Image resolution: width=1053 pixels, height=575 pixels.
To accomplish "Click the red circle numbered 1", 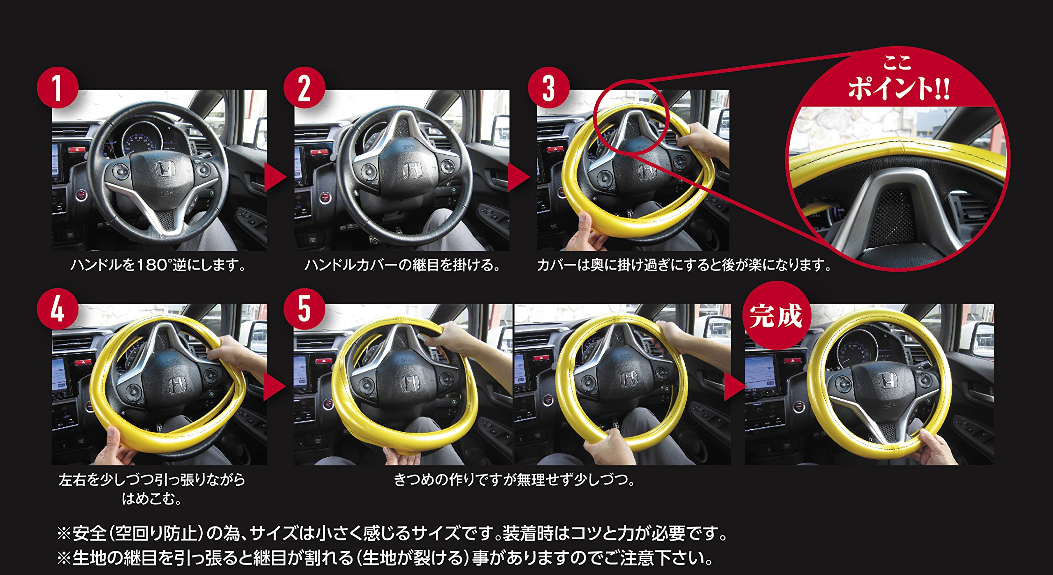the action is pyautogui.click(x=58, y=87).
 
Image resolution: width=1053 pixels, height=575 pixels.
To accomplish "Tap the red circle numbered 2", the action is pyautogui.click(x=304, y=87).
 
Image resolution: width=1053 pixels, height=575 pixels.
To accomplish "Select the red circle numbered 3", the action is pyautogui.click(x=549, y=87).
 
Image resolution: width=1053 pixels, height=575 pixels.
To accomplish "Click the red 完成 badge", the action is pyautogui.click(x=776, y=315).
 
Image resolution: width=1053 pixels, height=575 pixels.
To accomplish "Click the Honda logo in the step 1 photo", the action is pyautogui.click(x=166, y=168).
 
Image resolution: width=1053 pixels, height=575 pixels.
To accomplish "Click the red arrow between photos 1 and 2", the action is pyautogui.click(x=275, y=177).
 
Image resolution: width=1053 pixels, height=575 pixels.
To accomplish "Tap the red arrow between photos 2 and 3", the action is pyautogui.click(x=518, y=177).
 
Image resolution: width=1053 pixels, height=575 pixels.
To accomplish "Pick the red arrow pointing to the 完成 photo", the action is pyautogui.click(x=735, y=387).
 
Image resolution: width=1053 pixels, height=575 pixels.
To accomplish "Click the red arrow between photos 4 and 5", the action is pyautogui.click(x=274, y=387).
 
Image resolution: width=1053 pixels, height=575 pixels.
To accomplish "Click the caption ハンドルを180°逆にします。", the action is pyautogui.click(x=159, y=265).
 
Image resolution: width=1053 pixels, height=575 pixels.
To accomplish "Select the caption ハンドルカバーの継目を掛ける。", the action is pyautogui.click(x=402, y=265).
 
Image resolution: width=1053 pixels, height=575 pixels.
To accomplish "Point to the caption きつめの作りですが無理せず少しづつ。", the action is pyautogui.click(x=514, y=480).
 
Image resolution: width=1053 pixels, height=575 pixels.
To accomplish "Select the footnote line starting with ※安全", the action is pyautogui.click(x=393, y=533).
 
